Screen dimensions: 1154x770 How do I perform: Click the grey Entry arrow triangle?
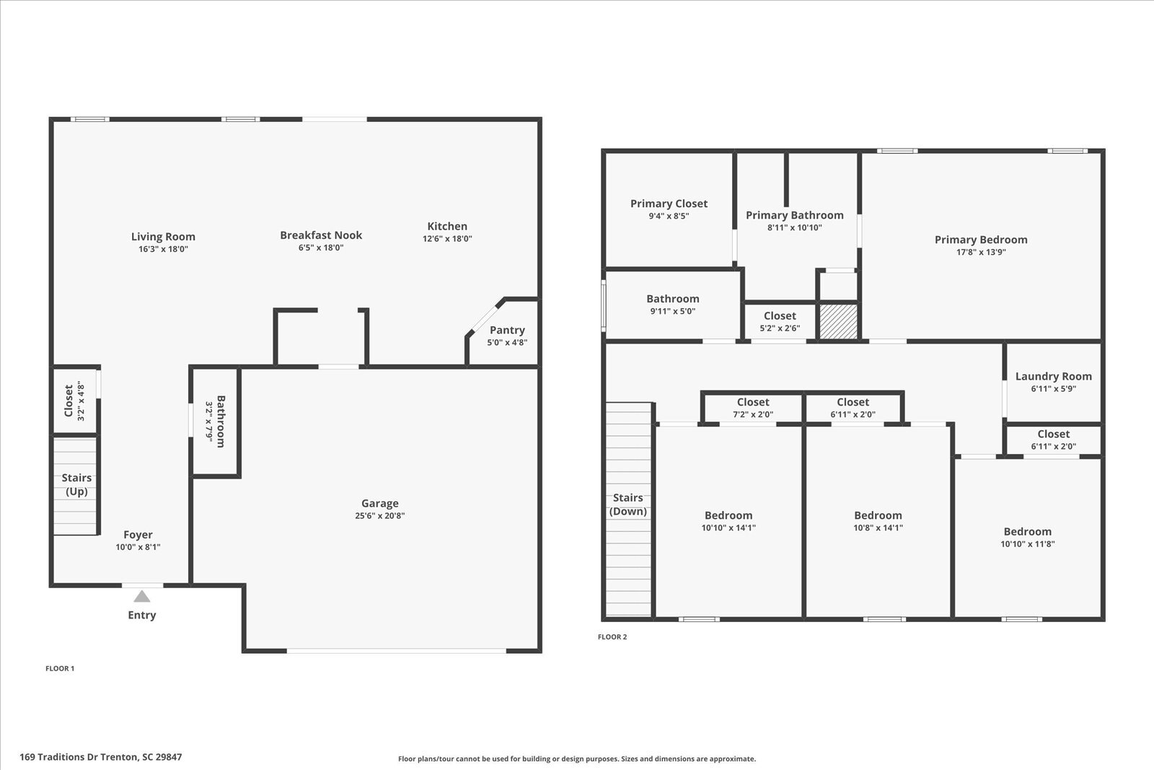pos(141,596)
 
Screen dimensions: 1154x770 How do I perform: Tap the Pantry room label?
pos(507,330)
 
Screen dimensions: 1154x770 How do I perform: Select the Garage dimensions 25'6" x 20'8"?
pos(379,515)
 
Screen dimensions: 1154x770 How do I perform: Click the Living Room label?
pos(163,237)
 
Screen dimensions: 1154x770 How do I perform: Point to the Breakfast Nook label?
pos(321,235)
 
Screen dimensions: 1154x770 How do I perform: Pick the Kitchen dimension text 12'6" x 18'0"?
pos(447,239)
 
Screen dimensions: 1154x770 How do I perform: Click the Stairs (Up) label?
pos(76,484)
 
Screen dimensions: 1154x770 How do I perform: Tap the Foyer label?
pos(138,535)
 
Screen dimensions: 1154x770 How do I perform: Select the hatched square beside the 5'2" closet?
pos(838,322)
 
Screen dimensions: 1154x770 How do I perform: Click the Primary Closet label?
pos(669,204)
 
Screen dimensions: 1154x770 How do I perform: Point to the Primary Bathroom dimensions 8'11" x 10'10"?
pos(794,227)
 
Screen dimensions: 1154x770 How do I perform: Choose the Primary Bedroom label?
pos(981,240)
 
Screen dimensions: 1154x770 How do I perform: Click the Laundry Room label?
pos(1054,376)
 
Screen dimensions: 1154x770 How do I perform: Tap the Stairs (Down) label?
pos(628,504)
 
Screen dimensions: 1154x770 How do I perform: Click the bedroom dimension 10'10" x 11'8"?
pos(1027,543)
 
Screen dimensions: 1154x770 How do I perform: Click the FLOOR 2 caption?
pos(612,637)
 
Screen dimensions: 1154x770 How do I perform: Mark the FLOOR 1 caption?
pos(60,668)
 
